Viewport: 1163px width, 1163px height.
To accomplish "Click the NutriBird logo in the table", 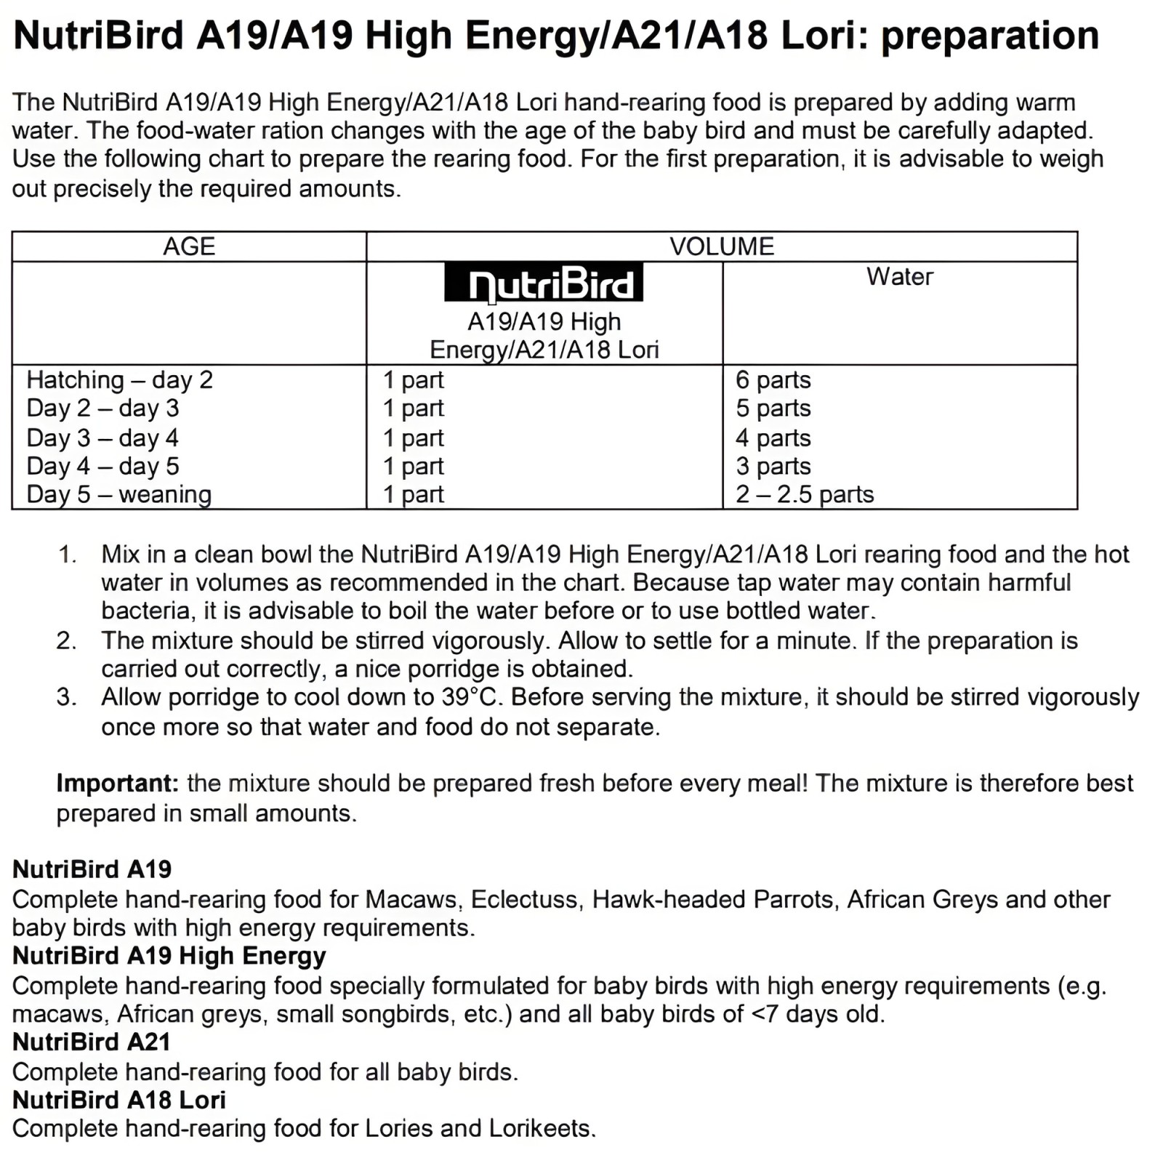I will [544, 282].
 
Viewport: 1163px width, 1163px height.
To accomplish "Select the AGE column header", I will [189, 246].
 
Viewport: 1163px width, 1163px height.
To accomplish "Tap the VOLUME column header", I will [722, 246].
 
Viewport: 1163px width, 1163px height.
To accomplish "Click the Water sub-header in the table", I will [899, 277].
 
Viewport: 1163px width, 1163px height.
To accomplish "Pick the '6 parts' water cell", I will [773, 380].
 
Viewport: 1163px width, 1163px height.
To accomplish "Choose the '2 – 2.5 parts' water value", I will [804, 494].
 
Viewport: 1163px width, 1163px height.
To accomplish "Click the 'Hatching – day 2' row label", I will [119, 380].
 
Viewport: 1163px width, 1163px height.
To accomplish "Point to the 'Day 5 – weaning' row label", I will [118, 494].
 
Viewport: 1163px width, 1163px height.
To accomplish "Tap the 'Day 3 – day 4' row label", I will [102, 438].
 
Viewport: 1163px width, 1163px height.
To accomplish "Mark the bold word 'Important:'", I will [117, 784].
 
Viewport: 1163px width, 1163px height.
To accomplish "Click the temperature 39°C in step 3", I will [470, 697].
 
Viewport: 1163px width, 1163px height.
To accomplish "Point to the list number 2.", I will [66, 640].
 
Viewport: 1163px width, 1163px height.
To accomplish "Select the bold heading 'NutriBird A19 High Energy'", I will [169, 956].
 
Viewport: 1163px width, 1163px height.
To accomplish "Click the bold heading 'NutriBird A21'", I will [91, 1042].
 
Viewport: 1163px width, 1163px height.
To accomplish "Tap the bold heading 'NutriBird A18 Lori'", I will [118, 1100].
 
